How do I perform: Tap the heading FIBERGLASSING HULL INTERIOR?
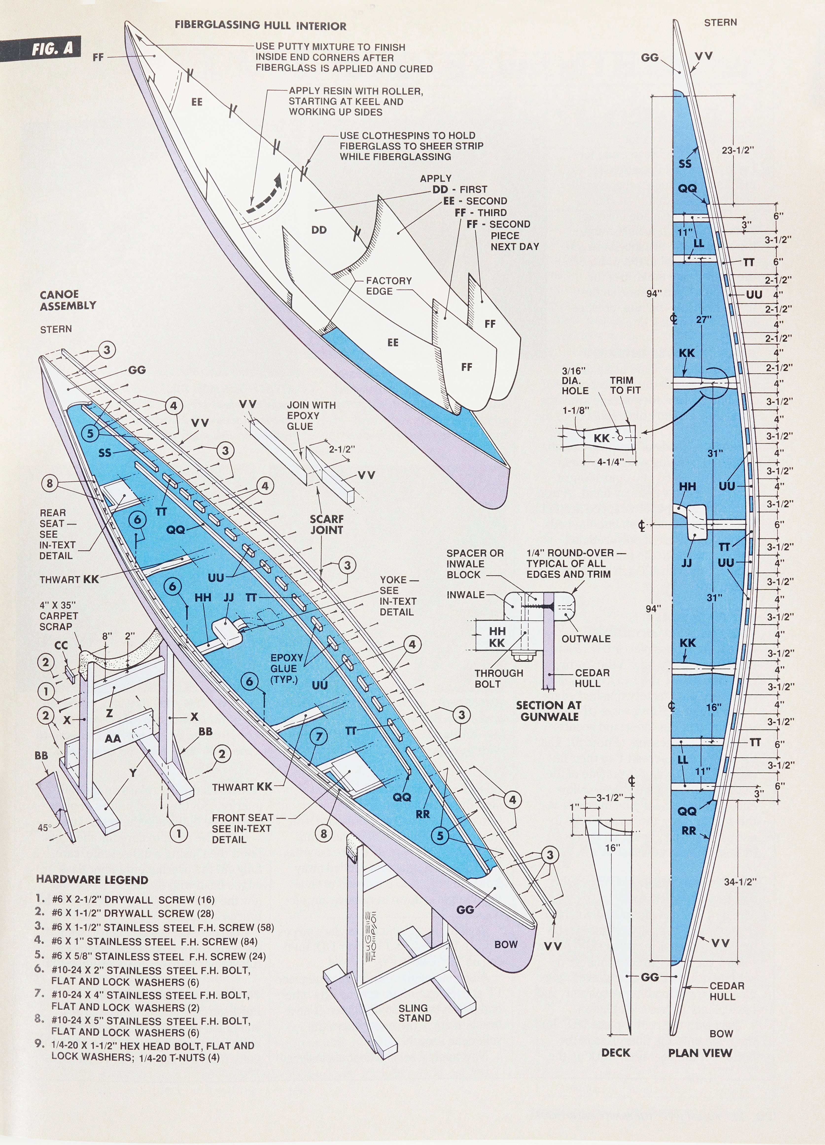(x=260, y=26)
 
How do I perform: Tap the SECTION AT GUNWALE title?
(x=548, y=711)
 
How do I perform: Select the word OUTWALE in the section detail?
(x=586, y=639)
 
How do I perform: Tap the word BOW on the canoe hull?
(x=506, y=944)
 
